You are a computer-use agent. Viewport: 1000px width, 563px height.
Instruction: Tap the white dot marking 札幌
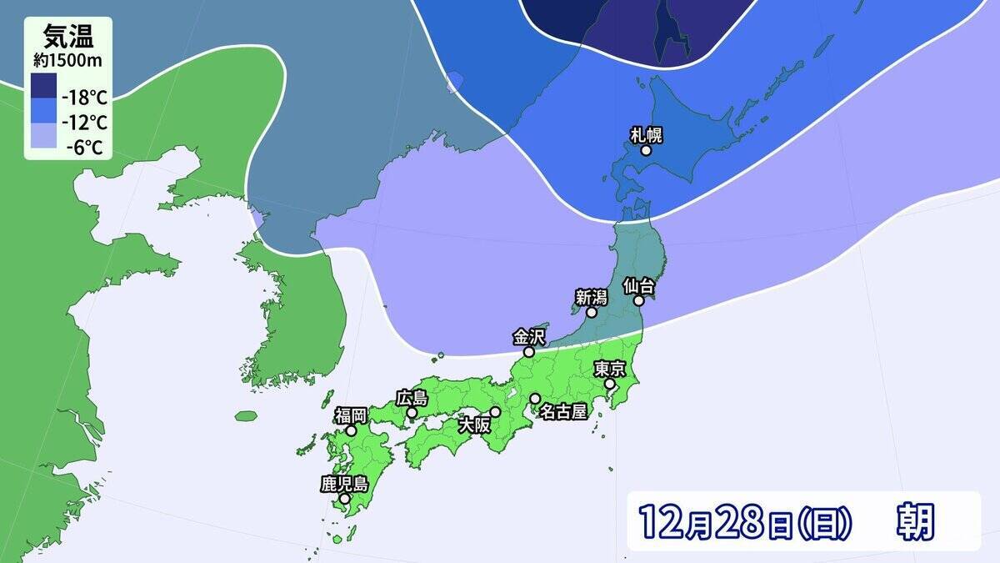tap(646, 152)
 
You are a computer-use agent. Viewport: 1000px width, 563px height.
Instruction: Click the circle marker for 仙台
tap(639, 301)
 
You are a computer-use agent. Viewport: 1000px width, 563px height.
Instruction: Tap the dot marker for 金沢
tap(528, 352)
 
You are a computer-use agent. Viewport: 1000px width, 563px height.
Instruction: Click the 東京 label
tap(609, 368)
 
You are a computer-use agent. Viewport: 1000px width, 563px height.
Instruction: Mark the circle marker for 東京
tap(609, 384)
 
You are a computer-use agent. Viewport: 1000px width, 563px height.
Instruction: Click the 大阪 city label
tap(476, 424)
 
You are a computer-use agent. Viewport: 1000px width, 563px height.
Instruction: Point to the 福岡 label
tap(351, 415)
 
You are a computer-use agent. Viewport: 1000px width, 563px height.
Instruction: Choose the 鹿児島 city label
tap(344, 483)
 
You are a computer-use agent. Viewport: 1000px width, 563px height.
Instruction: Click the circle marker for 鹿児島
tap(344, 499)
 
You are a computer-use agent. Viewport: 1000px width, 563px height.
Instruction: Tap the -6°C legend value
tap(86, 148)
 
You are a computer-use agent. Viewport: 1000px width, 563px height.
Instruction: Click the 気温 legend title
tap(67, 36)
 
